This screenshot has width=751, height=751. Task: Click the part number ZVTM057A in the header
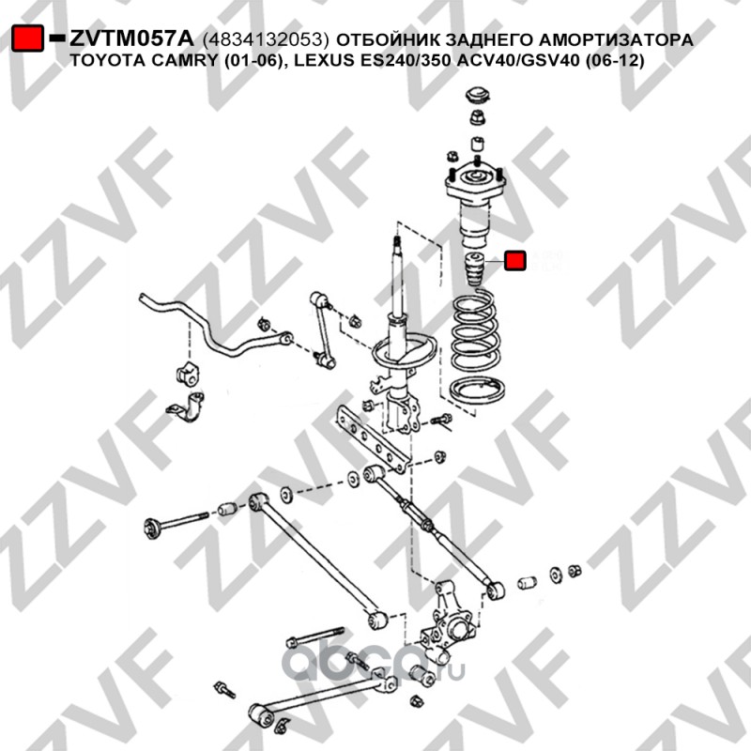click(131, 38)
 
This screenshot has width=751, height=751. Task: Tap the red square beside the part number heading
click(27, 38)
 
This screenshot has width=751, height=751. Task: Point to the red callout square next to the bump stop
click(514, 261)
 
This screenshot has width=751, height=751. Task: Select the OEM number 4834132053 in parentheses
click(267, 39)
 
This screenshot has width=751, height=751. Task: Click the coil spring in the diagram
click(475, 331)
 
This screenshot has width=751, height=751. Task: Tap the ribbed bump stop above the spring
click(475, 268)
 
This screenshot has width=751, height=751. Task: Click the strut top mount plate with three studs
click(475, 183)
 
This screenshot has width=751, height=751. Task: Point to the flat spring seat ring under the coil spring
click(478, 391)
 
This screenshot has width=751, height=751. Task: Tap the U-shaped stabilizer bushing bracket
click(187, 408)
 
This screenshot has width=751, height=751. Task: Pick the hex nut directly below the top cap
click(478, 117)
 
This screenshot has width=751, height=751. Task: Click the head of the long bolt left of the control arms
click(153, 529)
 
